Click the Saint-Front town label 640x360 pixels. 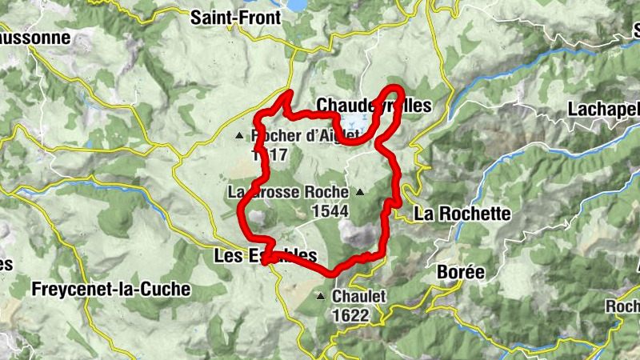click(x=235, y=18)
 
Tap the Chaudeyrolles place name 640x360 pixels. click(x=374, y=106)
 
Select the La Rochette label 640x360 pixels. click(x=462, y=214)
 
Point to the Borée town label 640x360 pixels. click(x=461, y=272)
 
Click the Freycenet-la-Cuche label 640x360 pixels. click(x=111, y=289)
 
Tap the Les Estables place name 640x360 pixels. click(x=266, y=256)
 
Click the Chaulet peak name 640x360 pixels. click(x=358, y=297)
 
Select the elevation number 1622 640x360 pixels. click(x=351, y=315)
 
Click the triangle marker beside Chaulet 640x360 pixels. click(x=321, y=297)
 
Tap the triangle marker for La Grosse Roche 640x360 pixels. click(x=360, y=192)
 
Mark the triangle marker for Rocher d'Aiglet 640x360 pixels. click(x=238, y=136)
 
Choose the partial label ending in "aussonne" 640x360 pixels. click(x=26, y=38)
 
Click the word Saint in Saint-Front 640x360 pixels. click(x=212, y=18)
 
